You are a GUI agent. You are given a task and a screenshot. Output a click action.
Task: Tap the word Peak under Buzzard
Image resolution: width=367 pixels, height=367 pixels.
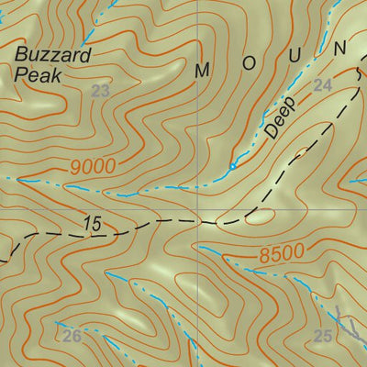coord(38,76)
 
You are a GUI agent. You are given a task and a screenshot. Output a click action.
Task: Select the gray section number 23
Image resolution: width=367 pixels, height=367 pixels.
coord(101,90)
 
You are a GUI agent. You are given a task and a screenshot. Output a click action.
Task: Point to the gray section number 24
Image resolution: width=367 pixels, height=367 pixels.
coord(321,85)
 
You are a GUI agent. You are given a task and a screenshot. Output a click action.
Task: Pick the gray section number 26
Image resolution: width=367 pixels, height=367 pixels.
coord(72,337)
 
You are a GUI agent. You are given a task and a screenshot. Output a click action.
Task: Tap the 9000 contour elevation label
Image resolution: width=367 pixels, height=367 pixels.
coord(92,167)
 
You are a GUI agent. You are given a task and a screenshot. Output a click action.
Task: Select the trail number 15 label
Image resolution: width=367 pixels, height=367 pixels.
coord(91,222)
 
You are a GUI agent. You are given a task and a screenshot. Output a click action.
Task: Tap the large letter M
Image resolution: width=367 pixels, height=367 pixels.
coord(202,69)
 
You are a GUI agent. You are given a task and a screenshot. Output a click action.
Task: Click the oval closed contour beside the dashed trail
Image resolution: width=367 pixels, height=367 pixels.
coord(260,217)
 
